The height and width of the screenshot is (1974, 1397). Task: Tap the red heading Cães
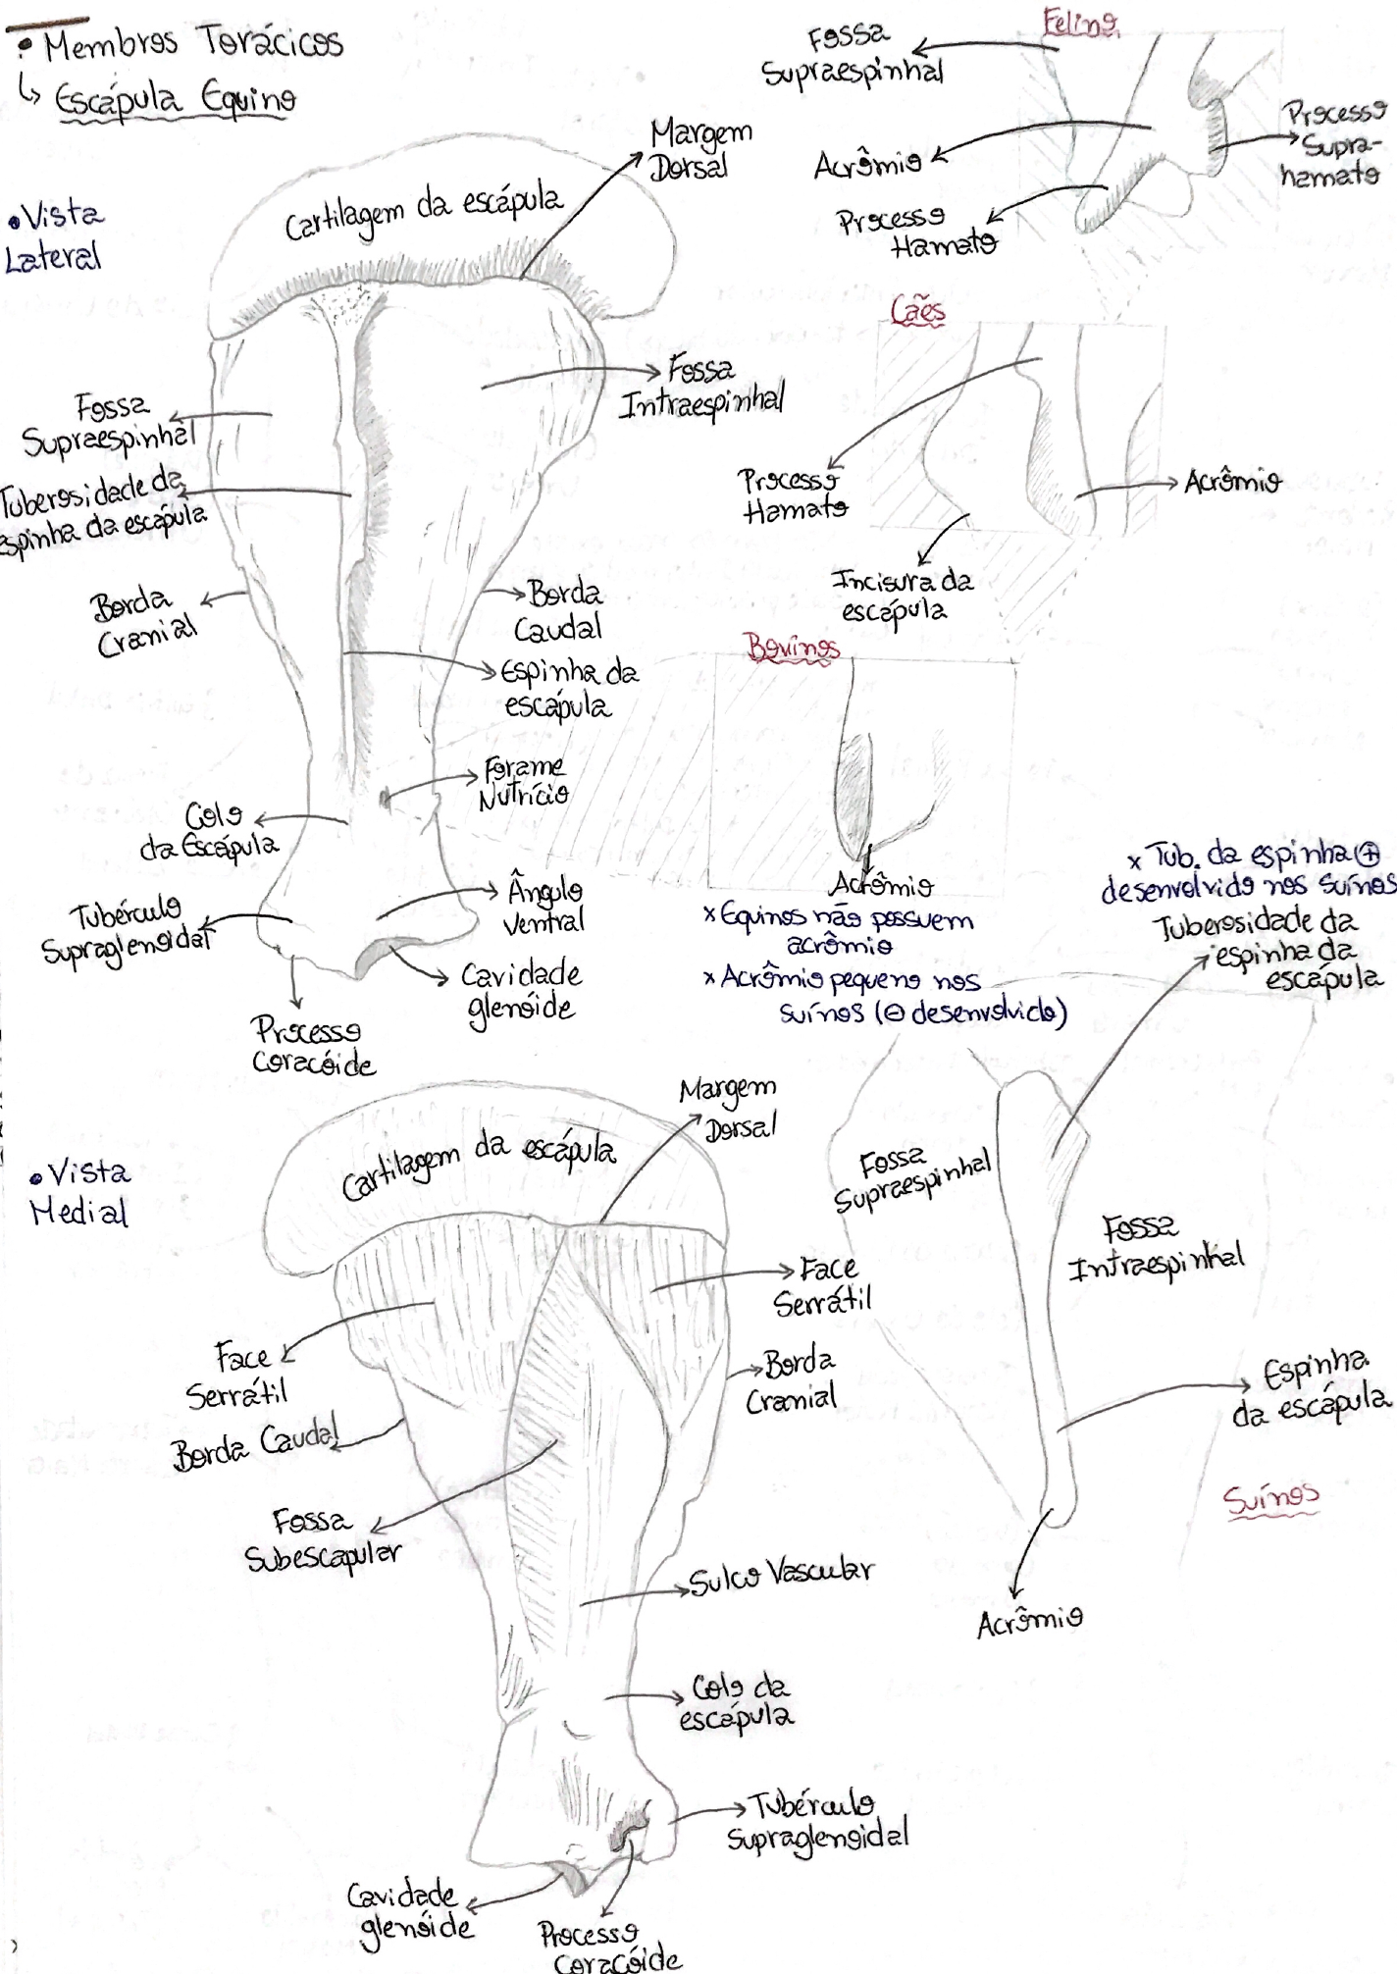(918, 311)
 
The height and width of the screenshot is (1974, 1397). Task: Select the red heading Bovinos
(793, 648)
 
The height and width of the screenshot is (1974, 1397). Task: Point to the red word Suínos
(1270, 1499)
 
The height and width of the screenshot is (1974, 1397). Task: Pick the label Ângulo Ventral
(544, 906)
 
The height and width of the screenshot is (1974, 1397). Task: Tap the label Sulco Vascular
(780, 1576)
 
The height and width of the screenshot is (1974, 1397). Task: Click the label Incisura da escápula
(901, 595)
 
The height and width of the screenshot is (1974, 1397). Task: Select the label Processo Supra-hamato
(1331, 144)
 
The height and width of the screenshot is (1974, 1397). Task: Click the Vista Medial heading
(80, 1192)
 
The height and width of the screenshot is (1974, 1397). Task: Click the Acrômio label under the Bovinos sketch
(881, 886)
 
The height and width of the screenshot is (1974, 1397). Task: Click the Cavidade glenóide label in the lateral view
(521, 991)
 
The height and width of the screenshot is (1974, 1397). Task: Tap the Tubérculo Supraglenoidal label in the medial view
(817, 1823)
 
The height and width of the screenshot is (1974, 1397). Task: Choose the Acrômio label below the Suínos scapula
(1030, 1624)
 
